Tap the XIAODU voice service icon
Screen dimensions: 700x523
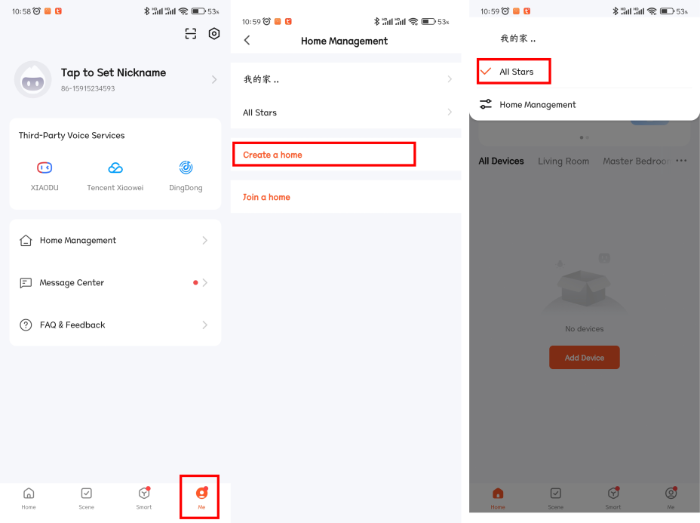[x=45, y=168]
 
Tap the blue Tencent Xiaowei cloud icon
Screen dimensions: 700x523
[x=115, y=168]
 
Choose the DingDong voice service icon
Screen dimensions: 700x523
[x=186, y=168]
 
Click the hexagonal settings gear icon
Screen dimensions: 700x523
[x=214, y=33]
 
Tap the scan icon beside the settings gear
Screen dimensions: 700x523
[x=191, y=33]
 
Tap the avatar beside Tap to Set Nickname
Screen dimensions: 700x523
[x=32, y=79]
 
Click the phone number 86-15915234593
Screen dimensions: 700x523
[x=88, y=88]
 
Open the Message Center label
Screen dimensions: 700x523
[x=72, y=283]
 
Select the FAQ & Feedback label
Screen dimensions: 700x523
[x=72, y=325]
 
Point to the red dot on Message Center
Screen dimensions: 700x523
[x=195, y=282]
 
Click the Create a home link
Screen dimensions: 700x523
[x=272, y=155]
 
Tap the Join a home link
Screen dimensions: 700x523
[x=266, y=197]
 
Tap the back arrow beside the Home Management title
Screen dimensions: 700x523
[x=247, y=41]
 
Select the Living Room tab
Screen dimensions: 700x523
[x=563, y=162]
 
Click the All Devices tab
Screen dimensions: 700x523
[x=501, y=162]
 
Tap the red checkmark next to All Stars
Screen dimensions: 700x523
[x=486, y=71]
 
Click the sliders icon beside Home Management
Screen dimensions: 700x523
[x=485, y=104]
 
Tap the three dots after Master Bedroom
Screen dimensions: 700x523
[x=681, y=161]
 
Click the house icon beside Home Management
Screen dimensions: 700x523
[x=26, y=240]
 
